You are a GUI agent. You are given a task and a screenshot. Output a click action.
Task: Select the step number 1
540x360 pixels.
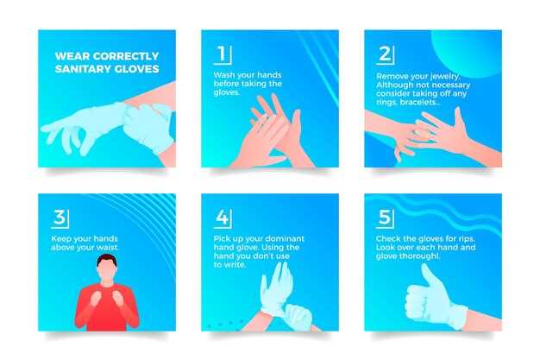222,54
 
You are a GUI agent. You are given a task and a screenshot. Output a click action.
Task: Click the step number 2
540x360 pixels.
385,54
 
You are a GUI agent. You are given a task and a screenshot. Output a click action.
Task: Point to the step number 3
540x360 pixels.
60,218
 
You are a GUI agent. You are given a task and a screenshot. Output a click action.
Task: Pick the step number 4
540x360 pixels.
222,218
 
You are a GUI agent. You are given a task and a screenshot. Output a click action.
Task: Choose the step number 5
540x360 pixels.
385,218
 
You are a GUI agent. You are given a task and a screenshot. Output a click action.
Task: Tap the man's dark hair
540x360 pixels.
107,260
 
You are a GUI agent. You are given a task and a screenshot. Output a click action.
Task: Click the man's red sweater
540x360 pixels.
107,307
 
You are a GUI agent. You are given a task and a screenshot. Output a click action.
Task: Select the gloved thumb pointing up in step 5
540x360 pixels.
428,277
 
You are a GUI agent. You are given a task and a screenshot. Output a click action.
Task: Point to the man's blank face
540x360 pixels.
107,271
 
